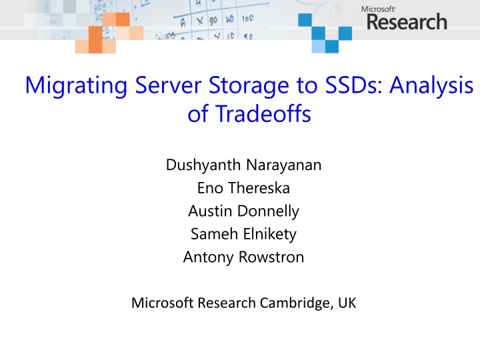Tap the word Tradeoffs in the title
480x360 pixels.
(x=261, y=115)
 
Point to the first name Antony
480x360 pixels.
(x=205, y=257)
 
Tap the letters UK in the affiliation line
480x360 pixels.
(x=347, y=303)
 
